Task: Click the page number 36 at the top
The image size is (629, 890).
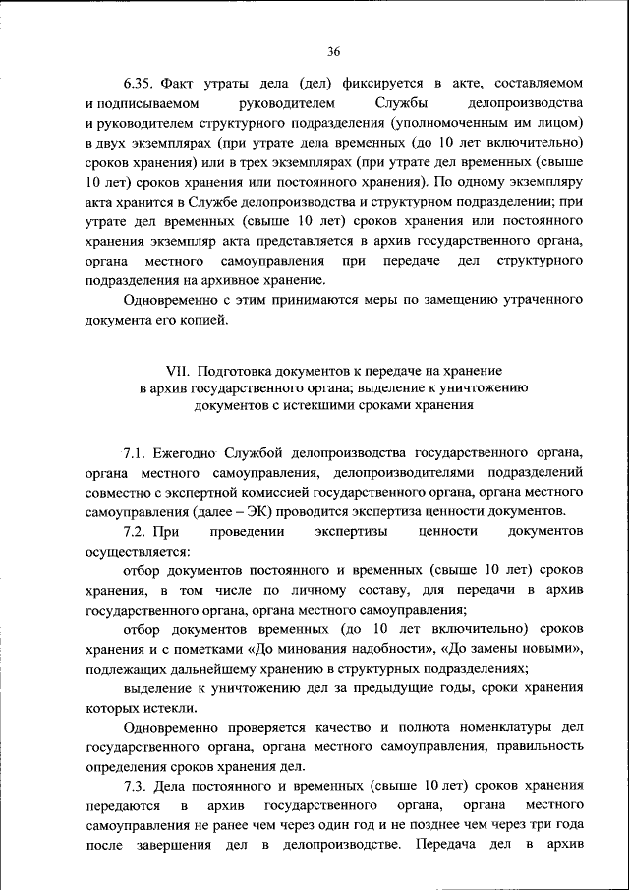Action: pyautogui.click(x=333, y=51)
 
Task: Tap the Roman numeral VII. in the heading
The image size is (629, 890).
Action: pyautogui.click(x=180, y=371)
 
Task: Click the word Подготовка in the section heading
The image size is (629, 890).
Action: pyautogui.click(x=237, y=371)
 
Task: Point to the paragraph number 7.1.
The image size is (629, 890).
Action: pyautogui.click(x=135, y=453)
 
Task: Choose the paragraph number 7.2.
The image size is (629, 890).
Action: pyautogui.click(x=135, y=532)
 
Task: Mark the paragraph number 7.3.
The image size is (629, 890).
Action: pyautogui.click(x=137, y=786)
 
